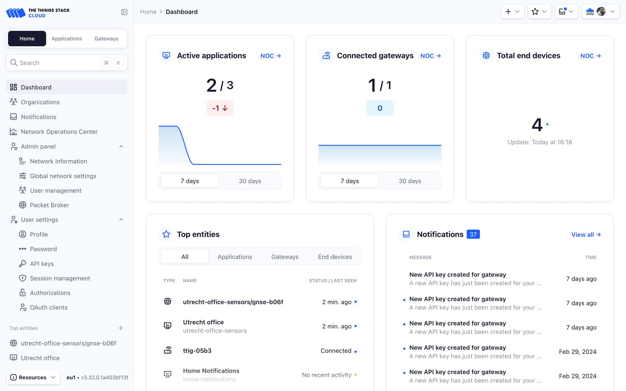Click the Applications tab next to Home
[67, 38]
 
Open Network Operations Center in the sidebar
[59, 132]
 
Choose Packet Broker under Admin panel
[49, 205]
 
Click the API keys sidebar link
[42, 264]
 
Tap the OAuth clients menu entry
[49, 307]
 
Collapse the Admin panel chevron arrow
[121, 146]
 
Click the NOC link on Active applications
[270, 56]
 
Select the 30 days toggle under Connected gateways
[410, 181]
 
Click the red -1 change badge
[220, 108]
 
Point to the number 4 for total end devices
[537, 125]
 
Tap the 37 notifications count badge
[473, 234]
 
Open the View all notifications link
[586, 235]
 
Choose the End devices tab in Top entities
[335, 257]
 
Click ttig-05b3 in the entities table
[197, 351]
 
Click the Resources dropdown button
[33, 377]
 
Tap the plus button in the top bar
[512, 12]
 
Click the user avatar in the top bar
[601, 12]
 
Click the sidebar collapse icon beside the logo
[124, 12]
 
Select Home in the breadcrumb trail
[148, 12]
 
